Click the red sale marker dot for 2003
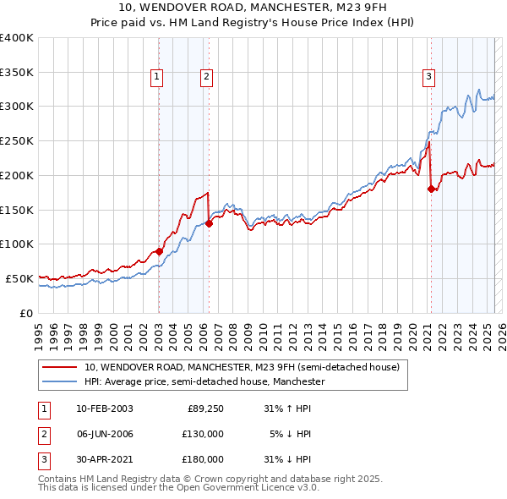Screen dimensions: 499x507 [159, 251]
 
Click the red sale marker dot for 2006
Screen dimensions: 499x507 [209, 223]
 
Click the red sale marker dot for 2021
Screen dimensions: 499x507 [431, 189]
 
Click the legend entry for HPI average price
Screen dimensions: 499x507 [204, 381]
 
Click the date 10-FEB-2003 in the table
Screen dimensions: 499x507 [104, 409]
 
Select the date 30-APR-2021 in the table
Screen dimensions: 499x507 [104, 459]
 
